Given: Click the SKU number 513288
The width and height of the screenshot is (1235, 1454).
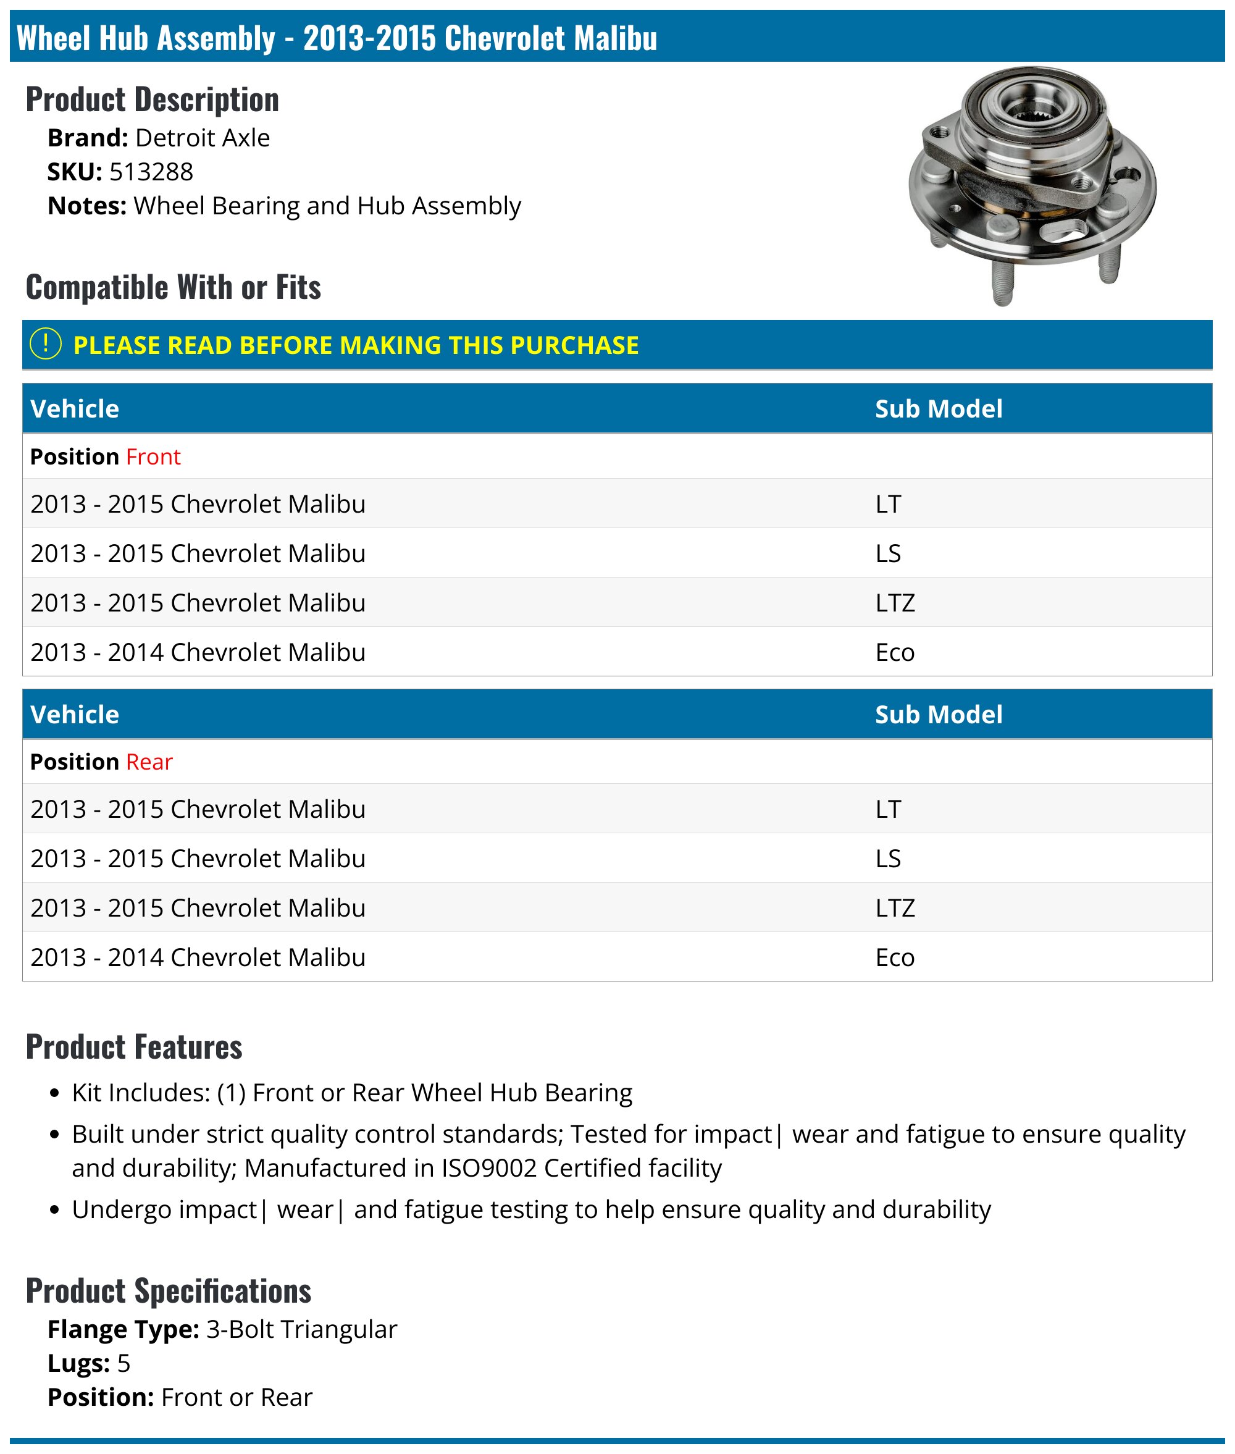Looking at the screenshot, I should pos(151,172).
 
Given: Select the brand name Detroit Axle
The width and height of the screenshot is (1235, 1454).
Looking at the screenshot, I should pos(203,138).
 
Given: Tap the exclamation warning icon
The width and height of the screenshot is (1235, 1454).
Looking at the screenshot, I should pos(46,344).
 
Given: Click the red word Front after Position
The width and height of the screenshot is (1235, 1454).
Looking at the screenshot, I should pos(153,456).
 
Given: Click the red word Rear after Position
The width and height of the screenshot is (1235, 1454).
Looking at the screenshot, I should pos(149,762).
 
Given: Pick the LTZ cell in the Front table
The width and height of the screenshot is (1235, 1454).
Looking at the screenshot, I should pos(895,603).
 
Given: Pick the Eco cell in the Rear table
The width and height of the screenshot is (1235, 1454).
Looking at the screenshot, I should pos(895,957).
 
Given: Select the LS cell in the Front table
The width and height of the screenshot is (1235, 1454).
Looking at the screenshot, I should pos(888,553).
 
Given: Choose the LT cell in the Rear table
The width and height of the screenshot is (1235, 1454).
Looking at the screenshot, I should pos(888,810).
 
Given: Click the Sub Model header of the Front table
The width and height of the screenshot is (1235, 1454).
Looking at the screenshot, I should pos(938,409).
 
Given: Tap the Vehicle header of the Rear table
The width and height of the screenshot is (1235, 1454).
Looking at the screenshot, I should pos(75,715).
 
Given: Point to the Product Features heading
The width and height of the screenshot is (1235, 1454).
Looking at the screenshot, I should pos(135,1047).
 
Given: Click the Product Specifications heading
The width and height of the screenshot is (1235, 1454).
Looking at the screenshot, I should pos(169,1291).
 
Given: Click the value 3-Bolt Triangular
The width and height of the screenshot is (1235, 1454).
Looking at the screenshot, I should pos(302,1329).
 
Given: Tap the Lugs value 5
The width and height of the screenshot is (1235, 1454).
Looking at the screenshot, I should pos(124,1363).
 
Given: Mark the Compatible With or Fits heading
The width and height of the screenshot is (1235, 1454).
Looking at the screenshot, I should pos(174,287).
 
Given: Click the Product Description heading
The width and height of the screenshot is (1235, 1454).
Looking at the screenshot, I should pos(153,99).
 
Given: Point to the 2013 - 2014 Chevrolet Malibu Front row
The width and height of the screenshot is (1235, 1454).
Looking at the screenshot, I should pos(198,652).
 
